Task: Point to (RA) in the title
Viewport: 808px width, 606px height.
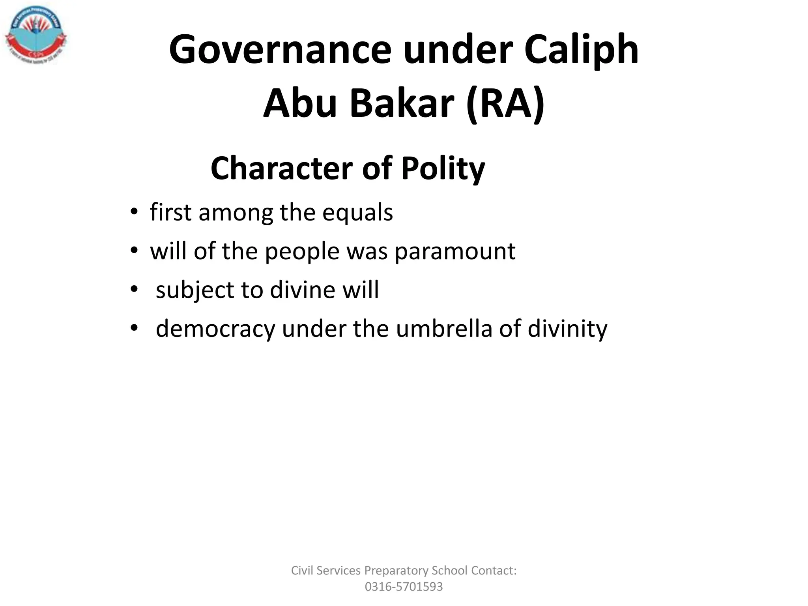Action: click(x=505, y=103)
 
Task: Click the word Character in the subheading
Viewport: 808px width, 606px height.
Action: click(x=281, y=168)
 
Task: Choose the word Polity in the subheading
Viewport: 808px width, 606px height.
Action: click(x=443, y=168)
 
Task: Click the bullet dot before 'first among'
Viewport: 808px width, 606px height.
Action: click(x=134, y=212)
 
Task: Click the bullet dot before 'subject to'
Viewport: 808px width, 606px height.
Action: click(x=134, y=290)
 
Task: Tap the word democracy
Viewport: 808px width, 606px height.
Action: click(x=215, y=329)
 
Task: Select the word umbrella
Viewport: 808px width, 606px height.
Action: click(x=444, y=328)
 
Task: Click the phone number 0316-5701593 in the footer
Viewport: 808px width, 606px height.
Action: click(x=404, y=587)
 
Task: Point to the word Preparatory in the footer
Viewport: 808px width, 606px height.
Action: click(x=396, y=571)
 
